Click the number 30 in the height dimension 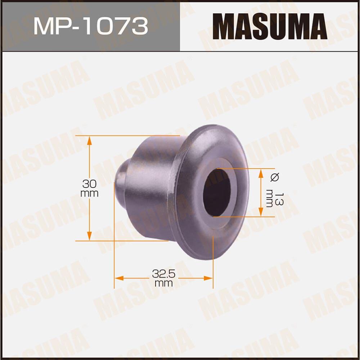[x=90, y=184]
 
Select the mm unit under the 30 [x=90, y=193]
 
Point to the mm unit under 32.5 [x=163, y=283]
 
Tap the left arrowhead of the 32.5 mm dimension [x=119, y=278]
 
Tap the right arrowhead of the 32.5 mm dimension [x=208, y=278]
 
